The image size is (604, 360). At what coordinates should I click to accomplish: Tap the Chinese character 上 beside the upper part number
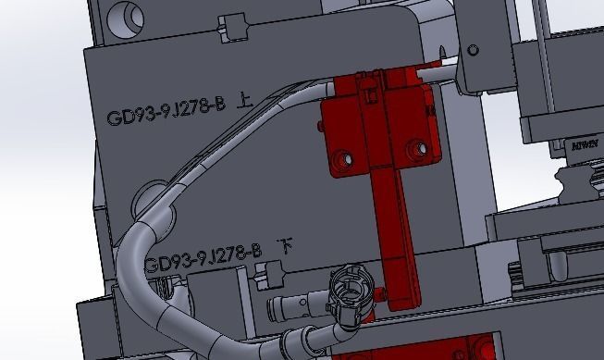pos(245,106)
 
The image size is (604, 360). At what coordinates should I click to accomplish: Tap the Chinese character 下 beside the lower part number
pos(288,246)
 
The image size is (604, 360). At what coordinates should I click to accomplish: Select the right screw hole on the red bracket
pos(423,146)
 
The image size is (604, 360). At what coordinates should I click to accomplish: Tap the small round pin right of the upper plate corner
pos(475,48)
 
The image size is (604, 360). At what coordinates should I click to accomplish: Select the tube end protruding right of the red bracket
pos(445,68)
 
